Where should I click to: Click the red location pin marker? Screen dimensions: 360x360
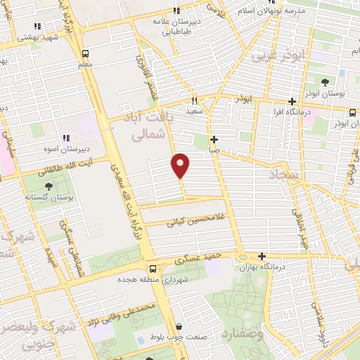click(181, 166)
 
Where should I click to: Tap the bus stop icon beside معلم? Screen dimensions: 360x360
click(85, 53)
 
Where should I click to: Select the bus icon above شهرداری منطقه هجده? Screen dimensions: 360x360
click(153, 268)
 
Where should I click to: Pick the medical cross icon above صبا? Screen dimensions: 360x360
click(214, 139)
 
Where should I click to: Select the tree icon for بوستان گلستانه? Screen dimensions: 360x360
click(49, 186)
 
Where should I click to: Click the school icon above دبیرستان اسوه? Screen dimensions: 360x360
click(66, 138)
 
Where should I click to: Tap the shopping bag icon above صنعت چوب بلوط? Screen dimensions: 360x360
click(180, 327)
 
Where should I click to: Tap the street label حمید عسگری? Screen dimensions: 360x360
click(203, 260)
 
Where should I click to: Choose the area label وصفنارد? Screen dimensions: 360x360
click(243, 338)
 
